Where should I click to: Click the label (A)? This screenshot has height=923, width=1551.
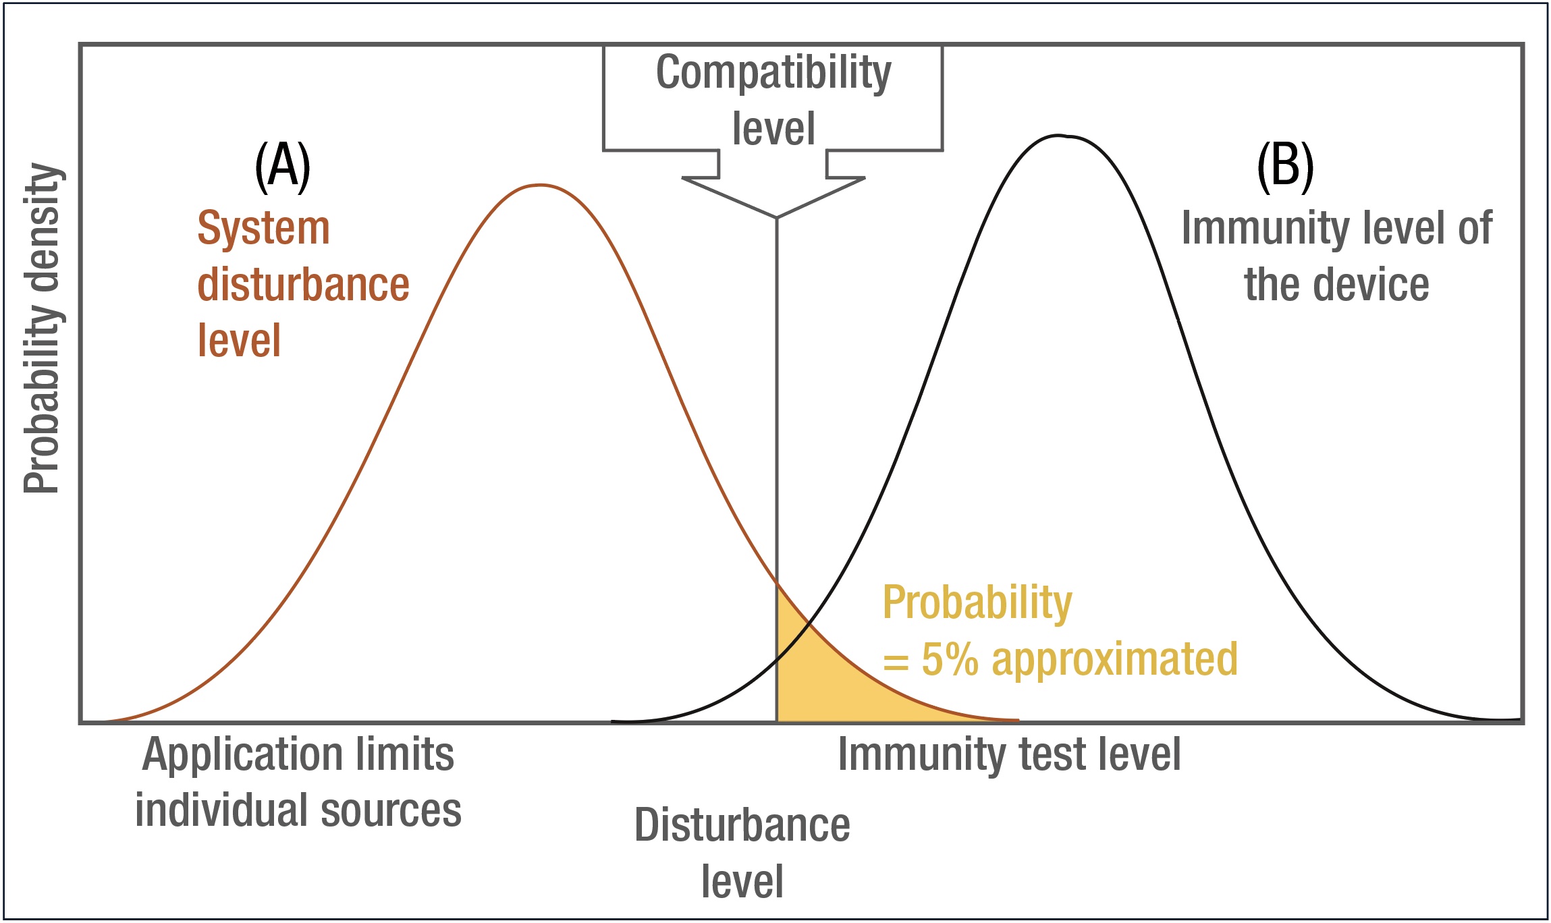click(282, 167)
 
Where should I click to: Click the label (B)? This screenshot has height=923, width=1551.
click(1285, 167)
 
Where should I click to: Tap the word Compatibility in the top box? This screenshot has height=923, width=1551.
click(773, 73)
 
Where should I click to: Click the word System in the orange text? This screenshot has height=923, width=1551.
click(263, 228)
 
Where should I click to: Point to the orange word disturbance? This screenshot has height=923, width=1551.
click(303, 284)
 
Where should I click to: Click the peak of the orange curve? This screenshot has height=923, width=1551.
click(540, 185)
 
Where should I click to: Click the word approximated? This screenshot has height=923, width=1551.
click(1114, 659)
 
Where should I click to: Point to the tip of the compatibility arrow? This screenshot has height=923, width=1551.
click(777, 217)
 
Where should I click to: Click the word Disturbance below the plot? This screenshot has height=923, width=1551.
click(742, 825)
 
